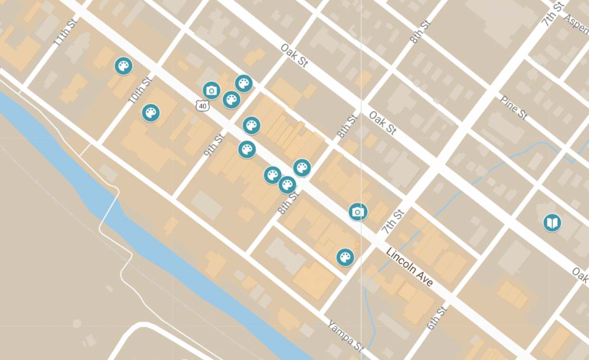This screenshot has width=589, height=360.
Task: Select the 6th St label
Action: (437, 318)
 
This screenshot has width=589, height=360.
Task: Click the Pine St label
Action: (513, 107)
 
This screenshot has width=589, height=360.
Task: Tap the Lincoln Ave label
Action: (409, 267)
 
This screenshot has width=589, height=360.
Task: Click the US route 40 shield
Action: (202, 106)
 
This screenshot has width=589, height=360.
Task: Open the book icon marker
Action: (552, 223)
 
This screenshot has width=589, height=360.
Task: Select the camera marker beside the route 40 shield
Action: (211, 90)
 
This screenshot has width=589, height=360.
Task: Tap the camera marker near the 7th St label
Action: (358, 212)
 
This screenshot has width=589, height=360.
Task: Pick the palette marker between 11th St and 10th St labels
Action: (123, 66)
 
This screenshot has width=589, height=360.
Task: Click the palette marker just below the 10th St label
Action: (151, 113)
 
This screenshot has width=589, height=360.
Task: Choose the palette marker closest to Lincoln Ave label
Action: (345, 257)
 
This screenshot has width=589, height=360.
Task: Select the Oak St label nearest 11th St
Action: (294, 56)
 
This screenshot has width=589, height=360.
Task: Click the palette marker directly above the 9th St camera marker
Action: (243, 84)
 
